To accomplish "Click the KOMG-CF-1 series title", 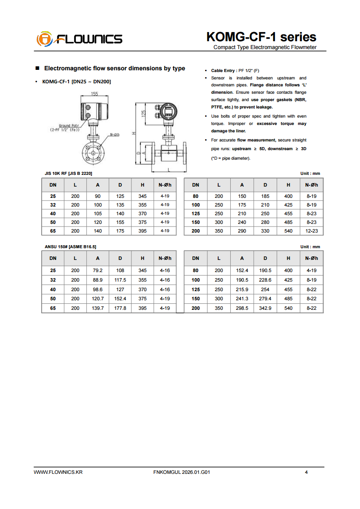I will coord(261,37).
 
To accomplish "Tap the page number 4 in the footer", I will coord(306,472).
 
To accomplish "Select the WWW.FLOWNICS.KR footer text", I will coord(58,472).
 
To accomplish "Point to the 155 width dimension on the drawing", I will coord(95,94).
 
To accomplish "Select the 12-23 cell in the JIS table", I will coord(311,231).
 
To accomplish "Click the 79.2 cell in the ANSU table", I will coord(98,270).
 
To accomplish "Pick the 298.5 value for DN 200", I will coord(242,308).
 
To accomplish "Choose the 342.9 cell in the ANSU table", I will coord(265,308).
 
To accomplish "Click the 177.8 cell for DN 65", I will coord(120,308).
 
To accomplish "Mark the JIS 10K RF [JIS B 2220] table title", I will coord(69,174).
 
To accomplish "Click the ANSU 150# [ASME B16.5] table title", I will coord(71,247).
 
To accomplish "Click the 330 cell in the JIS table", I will coord(265,231).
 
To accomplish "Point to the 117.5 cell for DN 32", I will coord(120,280).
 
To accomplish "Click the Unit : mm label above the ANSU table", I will coord(310,247).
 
